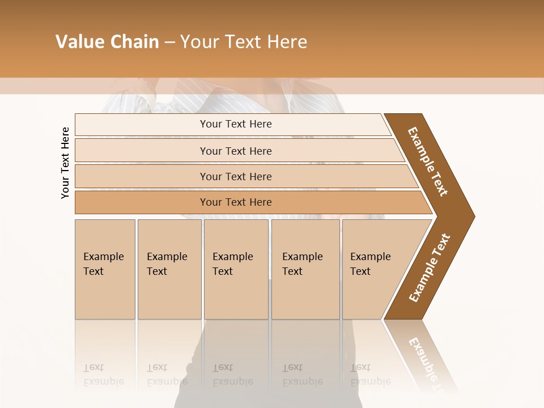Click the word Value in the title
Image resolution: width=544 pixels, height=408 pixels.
79,42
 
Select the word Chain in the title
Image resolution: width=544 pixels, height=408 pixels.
135,42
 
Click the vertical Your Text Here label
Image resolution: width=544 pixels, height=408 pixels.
65,163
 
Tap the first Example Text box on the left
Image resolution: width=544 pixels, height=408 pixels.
105,269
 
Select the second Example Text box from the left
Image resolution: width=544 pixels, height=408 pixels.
169,269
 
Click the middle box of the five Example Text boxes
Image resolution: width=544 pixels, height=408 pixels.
236,269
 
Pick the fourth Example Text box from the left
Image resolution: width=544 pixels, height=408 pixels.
305,269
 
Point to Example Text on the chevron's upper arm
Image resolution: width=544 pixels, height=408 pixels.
428,161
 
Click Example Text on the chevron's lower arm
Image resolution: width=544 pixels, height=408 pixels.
430,267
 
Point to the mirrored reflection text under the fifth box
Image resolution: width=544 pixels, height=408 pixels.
370,375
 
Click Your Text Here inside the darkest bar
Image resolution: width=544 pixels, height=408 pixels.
236,202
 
